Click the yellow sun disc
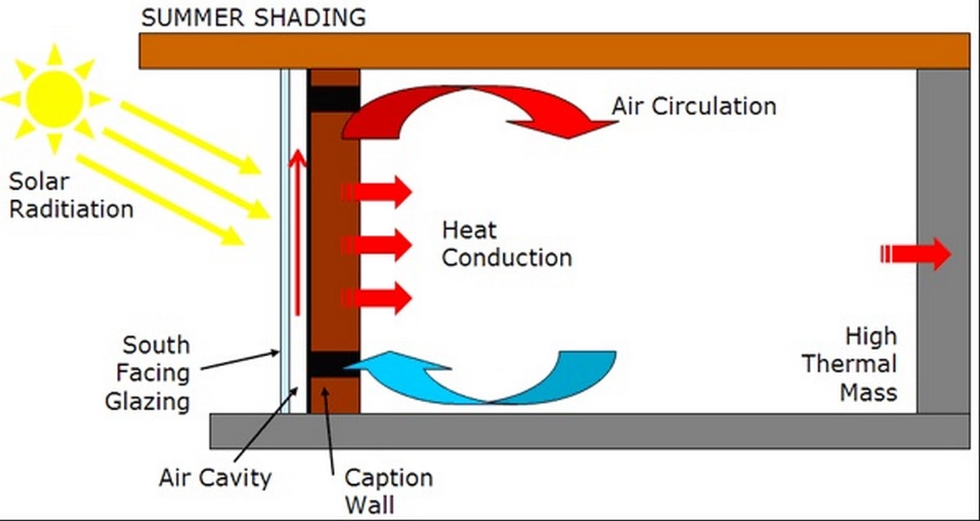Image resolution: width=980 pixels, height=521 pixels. point(55,99)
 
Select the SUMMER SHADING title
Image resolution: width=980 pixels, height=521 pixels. point(254,18)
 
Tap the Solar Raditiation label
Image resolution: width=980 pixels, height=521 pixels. point(71,195)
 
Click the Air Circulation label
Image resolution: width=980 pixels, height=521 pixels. point(694,107)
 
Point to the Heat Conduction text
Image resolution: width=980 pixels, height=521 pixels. point(507,244)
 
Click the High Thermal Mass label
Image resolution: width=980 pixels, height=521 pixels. point(850,364)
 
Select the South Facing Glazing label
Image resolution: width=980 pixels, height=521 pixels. point(148,373)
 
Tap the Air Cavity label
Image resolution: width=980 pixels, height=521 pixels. point(215,478)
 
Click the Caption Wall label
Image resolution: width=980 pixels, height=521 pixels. point(388,491)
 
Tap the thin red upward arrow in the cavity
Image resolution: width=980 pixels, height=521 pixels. point(298,232)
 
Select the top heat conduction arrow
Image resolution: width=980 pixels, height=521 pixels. point(376,192)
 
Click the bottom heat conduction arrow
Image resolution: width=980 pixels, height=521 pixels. point(376,298)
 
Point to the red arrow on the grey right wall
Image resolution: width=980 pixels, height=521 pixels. point(916,254)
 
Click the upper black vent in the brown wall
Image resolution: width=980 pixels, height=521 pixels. point(334,99)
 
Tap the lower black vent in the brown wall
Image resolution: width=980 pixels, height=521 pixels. point(334,364)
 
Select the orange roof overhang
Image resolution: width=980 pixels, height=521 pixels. point(555,51)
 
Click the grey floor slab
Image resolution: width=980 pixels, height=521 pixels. point(590,432)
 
